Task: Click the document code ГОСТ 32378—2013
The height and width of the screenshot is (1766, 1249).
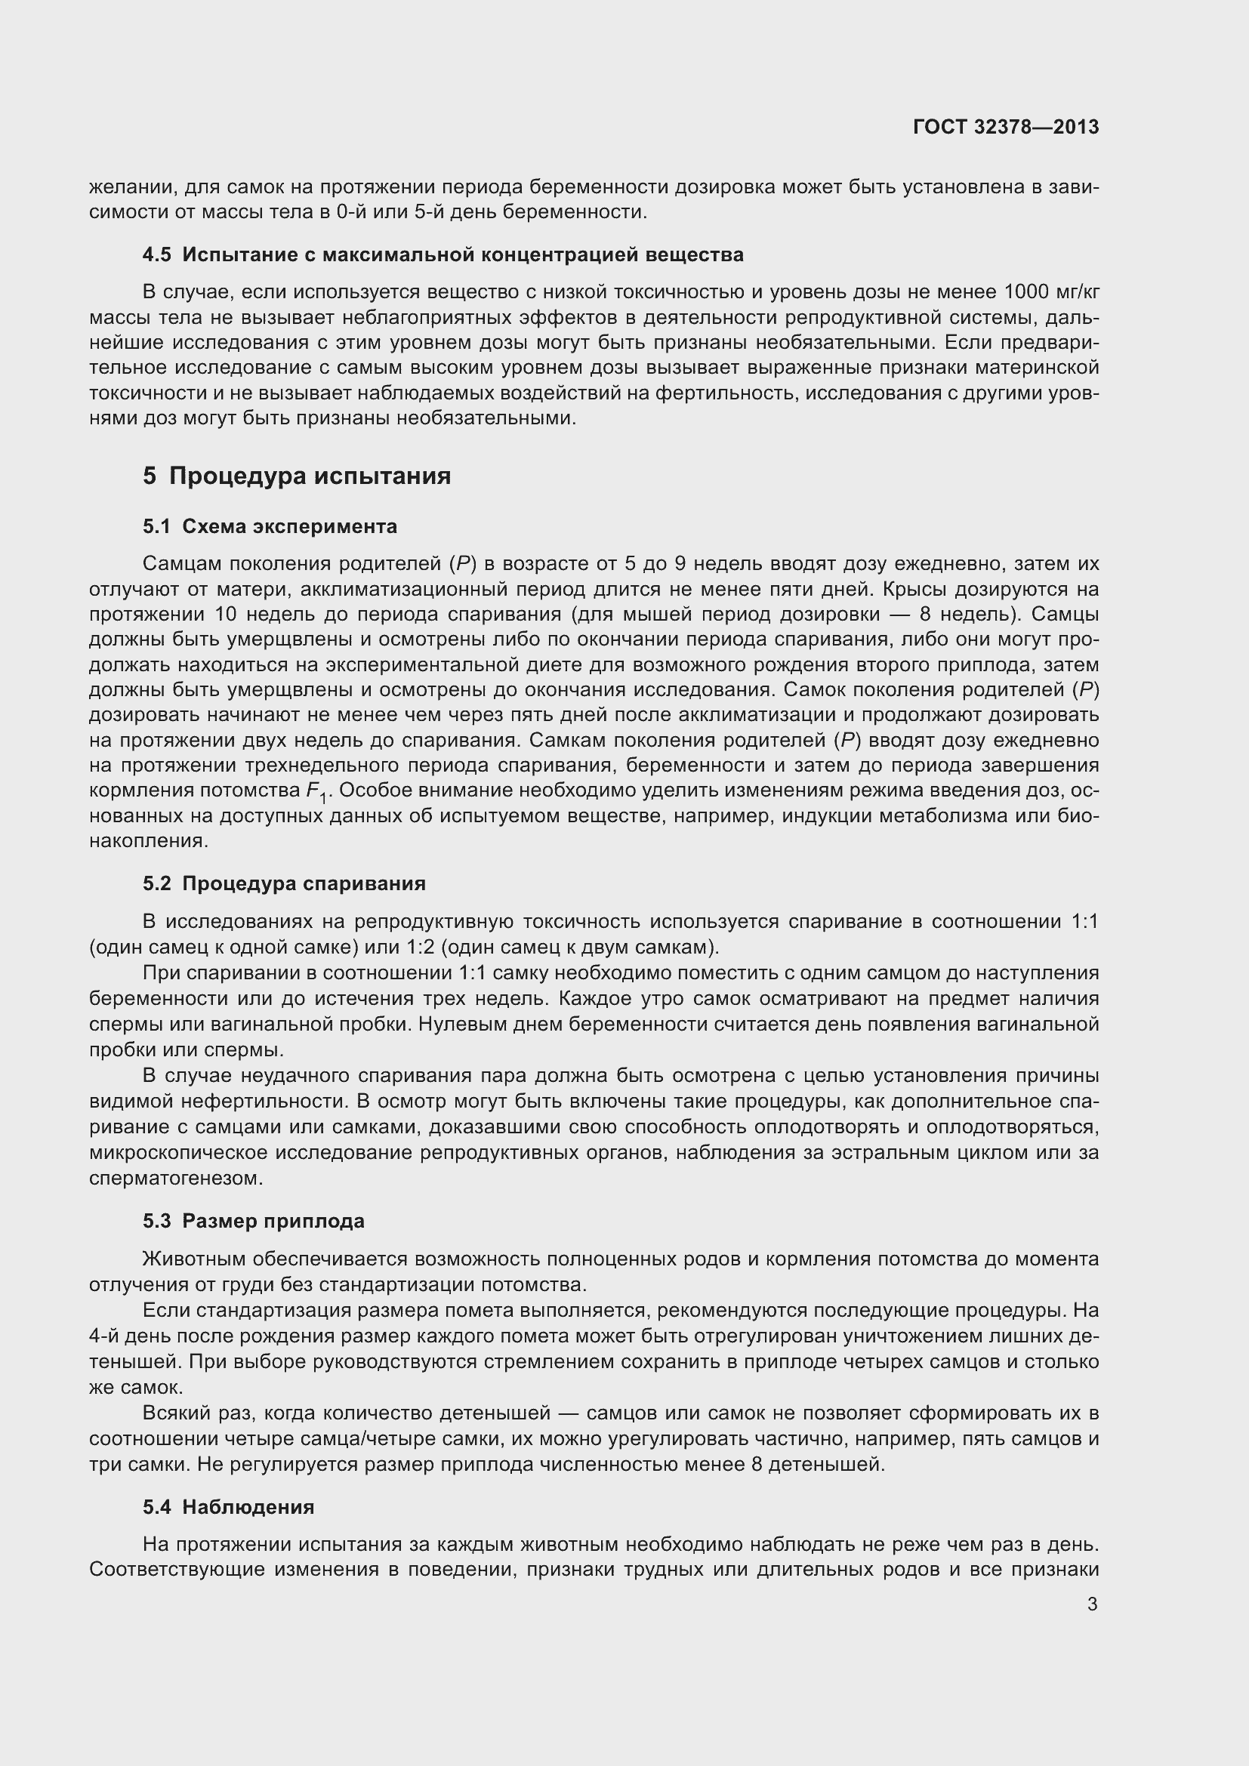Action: click(1005, 127)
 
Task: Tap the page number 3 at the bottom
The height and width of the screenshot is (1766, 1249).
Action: click(1092, 1603)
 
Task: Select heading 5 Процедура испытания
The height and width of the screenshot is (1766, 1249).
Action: click(297, 476)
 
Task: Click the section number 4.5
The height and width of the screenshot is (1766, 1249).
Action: click(157, 254)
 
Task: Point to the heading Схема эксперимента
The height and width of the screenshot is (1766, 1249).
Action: click(289, 526)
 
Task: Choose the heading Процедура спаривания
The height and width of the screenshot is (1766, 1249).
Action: click(304, 883)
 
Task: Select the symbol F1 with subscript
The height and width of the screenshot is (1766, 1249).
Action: click(316, 792)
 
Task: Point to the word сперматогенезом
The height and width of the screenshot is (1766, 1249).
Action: click(176, 1178)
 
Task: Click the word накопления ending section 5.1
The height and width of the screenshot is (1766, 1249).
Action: click(149, 840)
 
